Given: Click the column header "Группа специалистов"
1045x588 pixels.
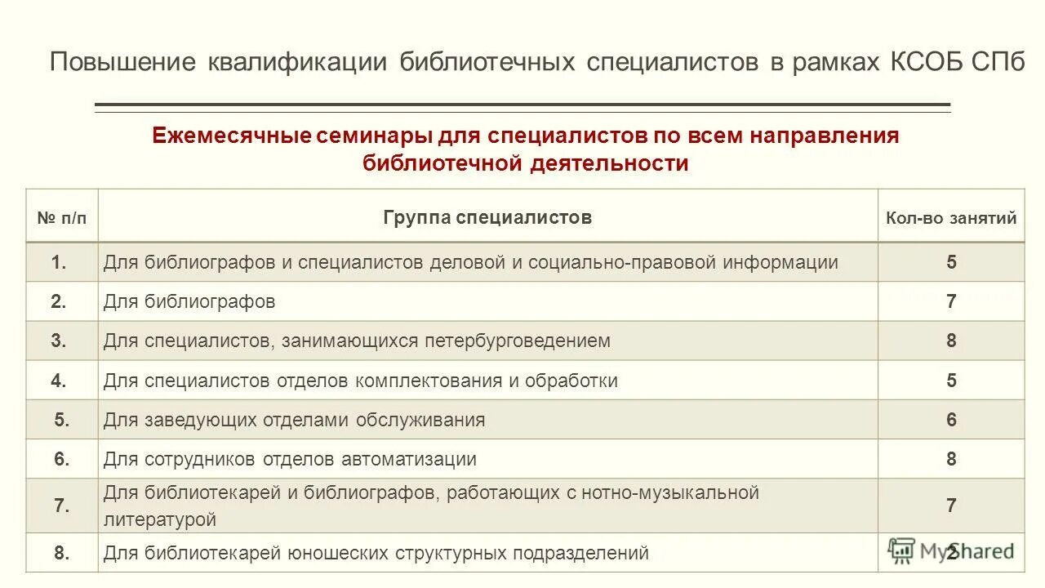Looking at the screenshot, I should click(487, 217).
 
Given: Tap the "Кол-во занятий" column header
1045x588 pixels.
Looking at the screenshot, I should click(951, 218).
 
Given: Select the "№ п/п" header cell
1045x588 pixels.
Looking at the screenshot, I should click(61, 218).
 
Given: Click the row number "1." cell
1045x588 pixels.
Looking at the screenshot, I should click(59, 262).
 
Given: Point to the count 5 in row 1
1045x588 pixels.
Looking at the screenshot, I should click(951, 262).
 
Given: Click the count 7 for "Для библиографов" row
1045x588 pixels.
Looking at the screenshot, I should click(951, 301).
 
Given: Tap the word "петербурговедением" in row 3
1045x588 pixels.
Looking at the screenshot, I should click(517, 341).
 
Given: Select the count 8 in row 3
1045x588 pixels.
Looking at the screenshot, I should click(951, 341).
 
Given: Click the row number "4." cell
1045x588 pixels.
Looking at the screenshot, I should click(59, 381).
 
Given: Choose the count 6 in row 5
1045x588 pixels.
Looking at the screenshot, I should click(951, 420).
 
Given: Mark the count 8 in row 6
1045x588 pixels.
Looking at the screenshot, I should click(951, 459).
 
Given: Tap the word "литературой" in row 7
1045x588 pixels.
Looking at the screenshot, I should click(160, 519).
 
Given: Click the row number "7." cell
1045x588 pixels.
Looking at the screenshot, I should click(61, 506).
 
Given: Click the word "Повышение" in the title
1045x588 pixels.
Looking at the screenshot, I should click(122, 63).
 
